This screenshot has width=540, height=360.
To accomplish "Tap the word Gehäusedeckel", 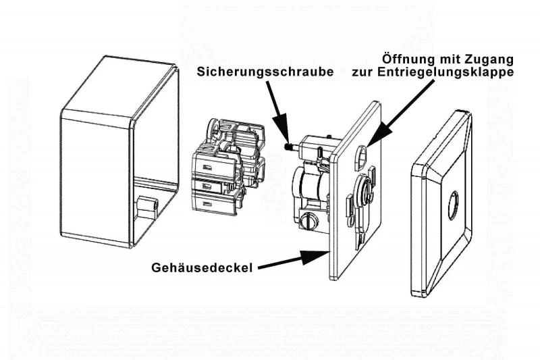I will pyautogui.click(x=202, y=268).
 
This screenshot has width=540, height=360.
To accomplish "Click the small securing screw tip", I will pyautogui.click(x=288, y=145).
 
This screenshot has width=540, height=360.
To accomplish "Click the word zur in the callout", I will pyautogui.click(x=364, y=72).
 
